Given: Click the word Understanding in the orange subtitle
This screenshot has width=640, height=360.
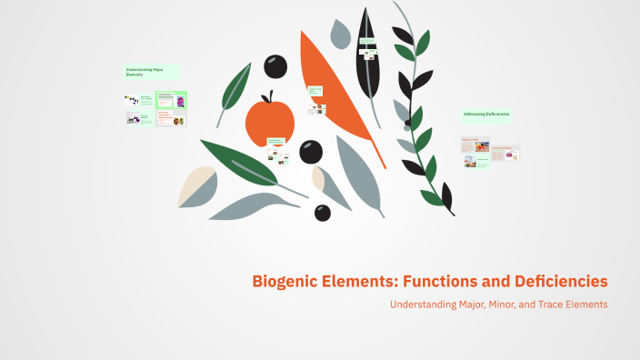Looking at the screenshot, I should (425, 305).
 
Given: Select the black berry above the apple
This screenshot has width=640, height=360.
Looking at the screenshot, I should (275, 65).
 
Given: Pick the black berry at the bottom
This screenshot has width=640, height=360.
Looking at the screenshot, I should (323, 213).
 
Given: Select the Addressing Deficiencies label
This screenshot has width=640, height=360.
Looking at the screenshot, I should (486, 115).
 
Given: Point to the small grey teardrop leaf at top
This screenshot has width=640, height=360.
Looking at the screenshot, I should (340, 35).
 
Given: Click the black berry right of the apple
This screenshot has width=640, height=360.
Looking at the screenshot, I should (311, 151).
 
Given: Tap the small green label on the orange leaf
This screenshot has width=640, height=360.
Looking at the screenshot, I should (315, 91).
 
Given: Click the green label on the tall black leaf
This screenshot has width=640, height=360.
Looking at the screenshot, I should (367, 41).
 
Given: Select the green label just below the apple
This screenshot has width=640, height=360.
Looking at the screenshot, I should (276, 141).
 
